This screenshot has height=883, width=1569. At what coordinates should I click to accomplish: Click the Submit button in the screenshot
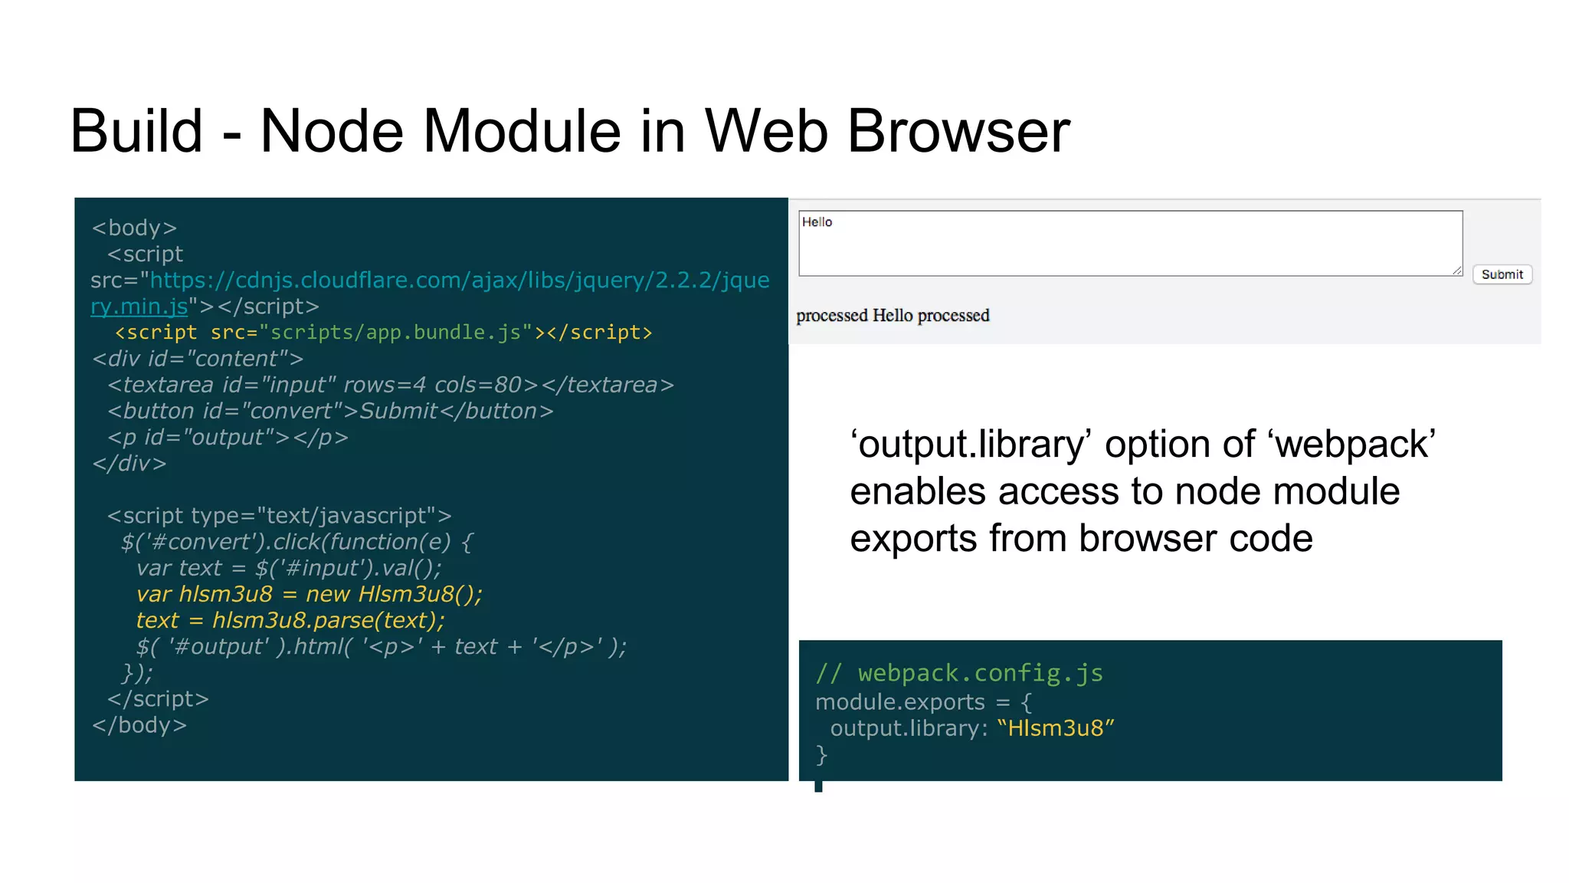[1502, 274]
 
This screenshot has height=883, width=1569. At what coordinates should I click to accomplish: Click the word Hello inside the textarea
[817, 222]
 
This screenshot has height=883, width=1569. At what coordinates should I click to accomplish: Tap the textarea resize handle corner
[1457, 271]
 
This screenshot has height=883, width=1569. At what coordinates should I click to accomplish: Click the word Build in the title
[136, 132]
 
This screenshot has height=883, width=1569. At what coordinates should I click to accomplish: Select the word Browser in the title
[958, 132]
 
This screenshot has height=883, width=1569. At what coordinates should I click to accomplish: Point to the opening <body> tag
[135, 228]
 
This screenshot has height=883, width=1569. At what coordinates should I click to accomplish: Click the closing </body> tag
[139, 725]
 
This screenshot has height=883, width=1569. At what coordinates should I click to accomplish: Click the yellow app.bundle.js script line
[383, 333]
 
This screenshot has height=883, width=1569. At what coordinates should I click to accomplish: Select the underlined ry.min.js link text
[139, 307]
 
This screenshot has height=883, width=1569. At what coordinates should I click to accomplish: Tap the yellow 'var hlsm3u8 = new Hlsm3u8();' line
[310, 595]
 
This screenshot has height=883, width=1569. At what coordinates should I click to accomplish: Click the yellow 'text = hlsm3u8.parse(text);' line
[290, 621]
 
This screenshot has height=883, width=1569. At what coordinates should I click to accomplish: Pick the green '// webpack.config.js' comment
[958, 673]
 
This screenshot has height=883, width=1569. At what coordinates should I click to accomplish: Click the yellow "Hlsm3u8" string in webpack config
[1056, 728]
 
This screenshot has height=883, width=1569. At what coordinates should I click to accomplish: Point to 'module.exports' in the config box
[900, 702]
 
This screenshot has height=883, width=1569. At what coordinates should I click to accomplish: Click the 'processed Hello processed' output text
[893, 316]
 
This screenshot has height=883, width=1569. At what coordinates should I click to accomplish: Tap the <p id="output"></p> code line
[228, 438]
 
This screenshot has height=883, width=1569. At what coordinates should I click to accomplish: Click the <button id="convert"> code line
[330, 412]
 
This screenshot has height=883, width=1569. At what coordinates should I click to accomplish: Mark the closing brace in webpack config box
[821, 755]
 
